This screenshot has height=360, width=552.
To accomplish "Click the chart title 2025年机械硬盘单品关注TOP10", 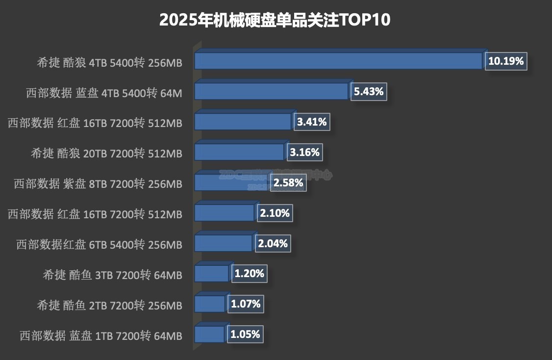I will pyautogui.click(x=275, y=20).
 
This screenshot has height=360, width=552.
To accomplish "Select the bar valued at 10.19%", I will pyautogui.click(x=338, y=61).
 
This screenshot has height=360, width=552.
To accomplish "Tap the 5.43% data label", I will pyautogui.click(x=369, y=91).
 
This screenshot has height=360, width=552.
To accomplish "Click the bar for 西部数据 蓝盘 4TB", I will pyautogui.click(x=271, y=91).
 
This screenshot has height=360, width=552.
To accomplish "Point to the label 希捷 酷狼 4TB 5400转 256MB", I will pyautogui.click(x=109, y=63).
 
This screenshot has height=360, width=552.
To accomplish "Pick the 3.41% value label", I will pyautogui.click(x=312, y=122).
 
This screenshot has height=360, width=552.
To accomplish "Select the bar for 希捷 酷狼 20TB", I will pyautogui.click(x=239, y=152).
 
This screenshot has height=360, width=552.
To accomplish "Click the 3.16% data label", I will pyautogui.click(x=304, y=152).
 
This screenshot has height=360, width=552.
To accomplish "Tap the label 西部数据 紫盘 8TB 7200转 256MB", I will pyautogui.click(x=98, y=184).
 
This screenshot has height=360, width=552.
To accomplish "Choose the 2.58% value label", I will pyautogui.click(x=288, y=183).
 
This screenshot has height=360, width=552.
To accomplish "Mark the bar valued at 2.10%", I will pyautogui.click(x=224, y=213).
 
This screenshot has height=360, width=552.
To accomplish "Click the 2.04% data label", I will pyautogui.click(x=273, y=243).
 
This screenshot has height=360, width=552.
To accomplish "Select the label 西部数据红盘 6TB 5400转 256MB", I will pyautogui.click(x=99, y=245).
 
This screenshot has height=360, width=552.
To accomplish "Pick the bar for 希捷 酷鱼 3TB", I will pyautogui.click(x=211, y=274).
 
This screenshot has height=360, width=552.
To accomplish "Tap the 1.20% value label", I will pyautogui.click(x=249, y=274).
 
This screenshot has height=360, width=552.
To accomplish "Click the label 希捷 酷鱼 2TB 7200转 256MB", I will pyautogui.click(x=109, y=306).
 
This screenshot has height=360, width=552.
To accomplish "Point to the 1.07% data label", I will pyautogui.click(x=245, y=304).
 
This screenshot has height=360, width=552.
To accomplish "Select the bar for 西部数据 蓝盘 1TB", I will pyautogui.click(x=209, y=334).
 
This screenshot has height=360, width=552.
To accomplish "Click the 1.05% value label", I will pyautogui.click(x=245, y=334).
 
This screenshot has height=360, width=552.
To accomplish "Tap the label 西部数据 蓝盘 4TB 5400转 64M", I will pyautogui.click(x=104, y=93).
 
